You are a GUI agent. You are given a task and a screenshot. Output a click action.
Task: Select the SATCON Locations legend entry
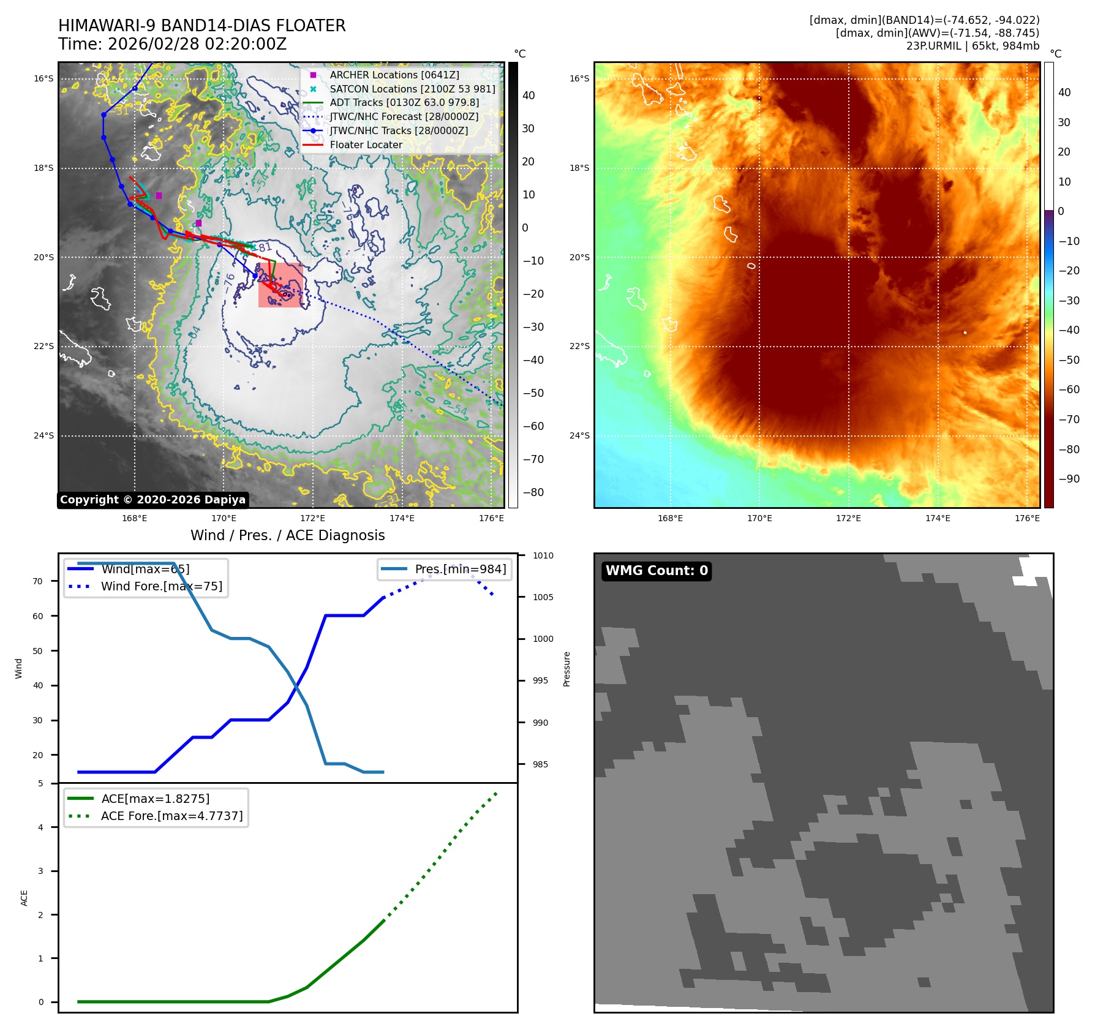tap(412, 89)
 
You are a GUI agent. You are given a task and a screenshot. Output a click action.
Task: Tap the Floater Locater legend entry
tap(366, 145)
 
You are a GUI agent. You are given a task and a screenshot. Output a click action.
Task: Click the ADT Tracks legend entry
tap(404, 102)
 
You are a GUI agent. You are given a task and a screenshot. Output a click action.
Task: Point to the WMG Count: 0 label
tap(657, 571)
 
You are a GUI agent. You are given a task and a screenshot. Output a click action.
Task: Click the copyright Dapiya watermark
tap(152, 500)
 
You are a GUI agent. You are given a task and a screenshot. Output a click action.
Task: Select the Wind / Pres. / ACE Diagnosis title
tap(287, 535)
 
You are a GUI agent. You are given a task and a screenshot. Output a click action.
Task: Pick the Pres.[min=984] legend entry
tap(460, 569)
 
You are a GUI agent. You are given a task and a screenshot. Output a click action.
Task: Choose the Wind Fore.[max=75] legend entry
tap(161, 586)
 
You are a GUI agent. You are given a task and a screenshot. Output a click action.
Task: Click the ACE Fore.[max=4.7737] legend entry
tap(171, 816)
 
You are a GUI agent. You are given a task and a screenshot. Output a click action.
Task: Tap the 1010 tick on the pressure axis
tap(543, 555)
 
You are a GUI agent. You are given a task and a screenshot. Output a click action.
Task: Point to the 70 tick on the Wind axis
tap(38, 581)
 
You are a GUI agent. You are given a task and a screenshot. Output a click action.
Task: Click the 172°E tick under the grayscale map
tap(312, 518)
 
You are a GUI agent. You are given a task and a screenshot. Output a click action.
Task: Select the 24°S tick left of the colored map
tap(579, 435)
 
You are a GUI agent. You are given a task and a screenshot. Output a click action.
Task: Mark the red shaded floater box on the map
tap(280, 285)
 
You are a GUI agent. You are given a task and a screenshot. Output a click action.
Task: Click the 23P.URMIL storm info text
tap(973, 46)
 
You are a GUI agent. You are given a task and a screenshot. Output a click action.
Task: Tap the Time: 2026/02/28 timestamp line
tap(172, 44)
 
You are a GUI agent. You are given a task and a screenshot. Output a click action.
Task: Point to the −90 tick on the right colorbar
tap(1069, 479)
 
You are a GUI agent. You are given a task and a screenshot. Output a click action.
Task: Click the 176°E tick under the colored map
tap(1026, 518)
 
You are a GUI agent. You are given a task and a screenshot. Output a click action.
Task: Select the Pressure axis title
tap(566, 669)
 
